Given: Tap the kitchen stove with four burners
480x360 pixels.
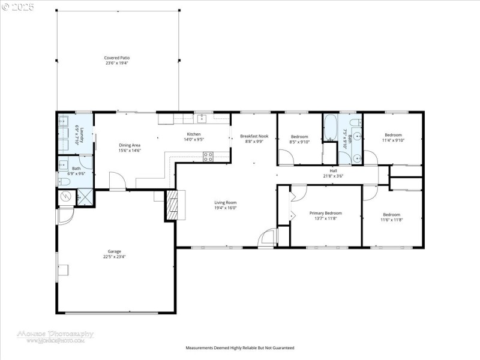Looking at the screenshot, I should (x=208, y=157).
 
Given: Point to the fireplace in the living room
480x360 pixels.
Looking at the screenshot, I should (x=172, y=206).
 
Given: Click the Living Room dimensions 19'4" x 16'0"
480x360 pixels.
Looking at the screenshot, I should (x=226, y=208).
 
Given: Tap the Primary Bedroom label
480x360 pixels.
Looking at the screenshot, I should (x=325, y=213).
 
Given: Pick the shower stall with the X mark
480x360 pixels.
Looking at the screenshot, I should (x=85, y=197).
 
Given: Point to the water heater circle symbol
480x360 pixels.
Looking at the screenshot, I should (x=65, y=197).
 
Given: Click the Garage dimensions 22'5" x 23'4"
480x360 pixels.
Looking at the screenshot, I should (x=114, y=256).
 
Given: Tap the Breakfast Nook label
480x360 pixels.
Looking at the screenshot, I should (x=254, y=136).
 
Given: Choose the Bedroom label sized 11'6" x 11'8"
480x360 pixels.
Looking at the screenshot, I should (x=392, y=214).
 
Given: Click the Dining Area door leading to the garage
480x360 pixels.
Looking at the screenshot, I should (x=117, y=180).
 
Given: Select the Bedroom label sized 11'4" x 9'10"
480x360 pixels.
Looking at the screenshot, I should (x=393, y=135).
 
